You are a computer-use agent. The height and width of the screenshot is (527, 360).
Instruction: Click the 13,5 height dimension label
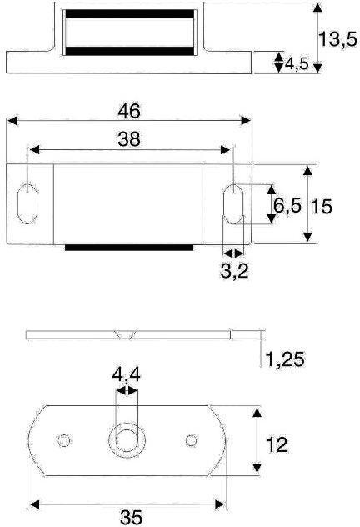click(x=338, y=39)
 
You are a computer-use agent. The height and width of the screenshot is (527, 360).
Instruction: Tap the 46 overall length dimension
click(x=129, y=110)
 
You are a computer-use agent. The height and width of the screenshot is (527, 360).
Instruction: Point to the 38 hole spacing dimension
click(x=129, y=141)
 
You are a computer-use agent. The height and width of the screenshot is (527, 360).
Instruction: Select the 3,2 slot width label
click(x=235, y=271)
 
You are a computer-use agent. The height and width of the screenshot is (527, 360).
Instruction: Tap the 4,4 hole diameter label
click(x=127, y=376)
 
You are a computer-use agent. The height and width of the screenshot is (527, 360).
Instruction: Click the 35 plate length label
click(x=129, y=517)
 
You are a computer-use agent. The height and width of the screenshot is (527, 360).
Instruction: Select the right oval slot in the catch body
click(x=234, y=203)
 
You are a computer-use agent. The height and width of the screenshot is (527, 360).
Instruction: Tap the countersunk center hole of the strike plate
click(x=127, y=439)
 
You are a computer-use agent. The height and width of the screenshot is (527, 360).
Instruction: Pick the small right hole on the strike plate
click(x=192, y=439)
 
